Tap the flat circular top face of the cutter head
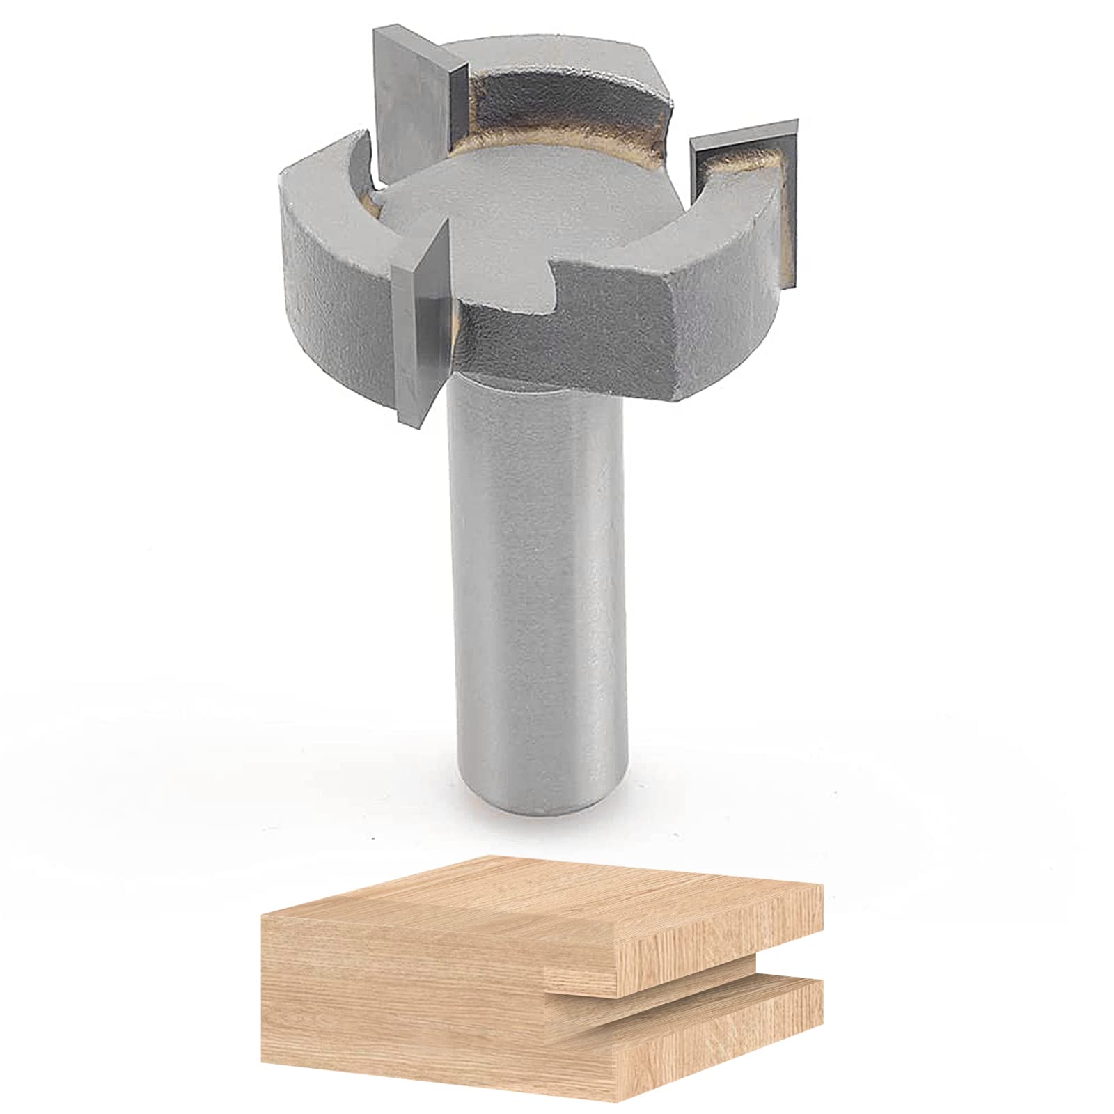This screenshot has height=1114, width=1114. pos(529,230)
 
